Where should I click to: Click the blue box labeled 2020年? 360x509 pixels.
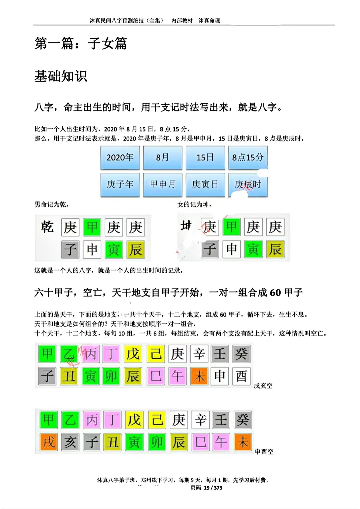[120, 157]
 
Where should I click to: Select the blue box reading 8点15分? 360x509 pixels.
[248, 157]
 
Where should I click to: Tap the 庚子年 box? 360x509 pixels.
[120, 184]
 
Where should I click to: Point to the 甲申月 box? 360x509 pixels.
[163, 184]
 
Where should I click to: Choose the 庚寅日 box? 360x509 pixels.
[205, 184]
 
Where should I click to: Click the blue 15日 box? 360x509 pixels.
[205, 157]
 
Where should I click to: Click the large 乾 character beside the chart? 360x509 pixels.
[47, 227]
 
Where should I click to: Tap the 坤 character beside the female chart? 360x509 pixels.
[186, 226]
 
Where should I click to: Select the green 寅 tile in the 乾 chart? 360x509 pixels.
[114, 249]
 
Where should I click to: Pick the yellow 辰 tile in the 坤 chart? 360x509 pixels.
[275, 249]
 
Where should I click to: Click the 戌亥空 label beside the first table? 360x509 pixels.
[263, 386]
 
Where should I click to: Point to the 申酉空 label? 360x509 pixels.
[264, 452]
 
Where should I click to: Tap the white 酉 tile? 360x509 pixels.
[241, 376]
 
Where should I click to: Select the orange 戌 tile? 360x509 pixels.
[49, 442]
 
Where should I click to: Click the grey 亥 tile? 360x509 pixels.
[70, 442]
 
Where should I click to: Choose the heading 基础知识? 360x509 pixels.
[61, 76]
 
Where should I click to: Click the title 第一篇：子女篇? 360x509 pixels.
[81, 44]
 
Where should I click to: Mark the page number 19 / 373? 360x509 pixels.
[213, 488]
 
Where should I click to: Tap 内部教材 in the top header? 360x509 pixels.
[182, 21]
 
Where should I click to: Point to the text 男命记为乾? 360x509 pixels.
[52, 204]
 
